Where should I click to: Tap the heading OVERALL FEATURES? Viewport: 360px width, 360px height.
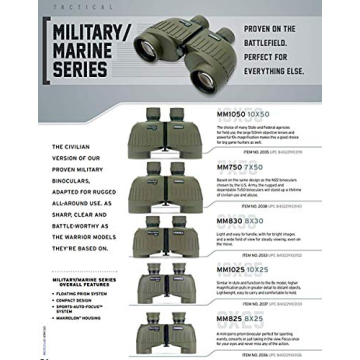(x=81, y=291)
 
